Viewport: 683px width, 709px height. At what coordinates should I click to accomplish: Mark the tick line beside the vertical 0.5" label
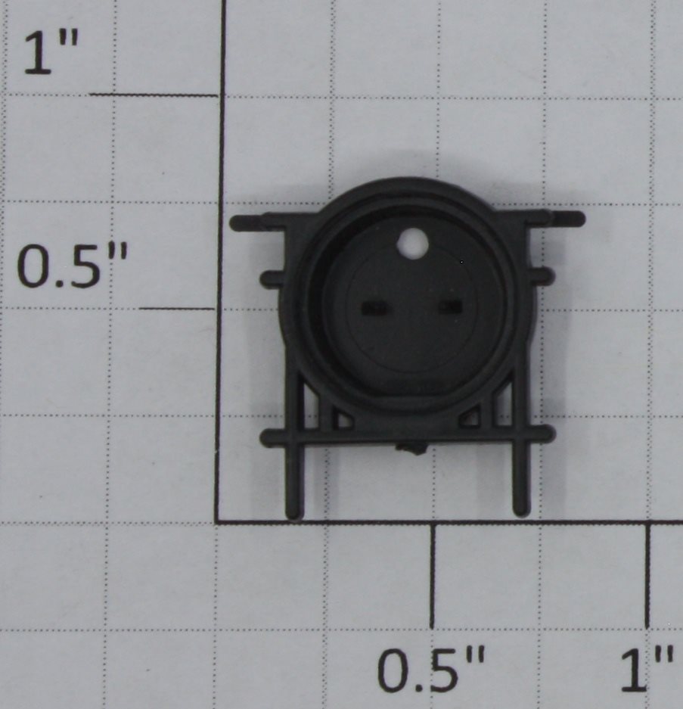click(177, 309)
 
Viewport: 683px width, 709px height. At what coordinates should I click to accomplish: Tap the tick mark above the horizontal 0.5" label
click(432, 575)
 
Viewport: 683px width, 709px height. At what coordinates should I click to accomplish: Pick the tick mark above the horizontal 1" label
click(647, 575)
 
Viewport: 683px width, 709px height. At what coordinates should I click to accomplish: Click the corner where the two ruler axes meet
click(218, 522)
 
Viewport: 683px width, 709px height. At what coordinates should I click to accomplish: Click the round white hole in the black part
click(412, 244)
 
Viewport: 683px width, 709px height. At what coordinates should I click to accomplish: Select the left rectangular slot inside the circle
click(374, 308)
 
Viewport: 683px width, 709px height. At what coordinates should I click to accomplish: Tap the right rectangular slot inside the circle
click(450, 306)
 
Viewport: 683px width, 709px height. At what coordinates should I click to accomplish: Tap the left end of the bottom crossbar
click(266, 438)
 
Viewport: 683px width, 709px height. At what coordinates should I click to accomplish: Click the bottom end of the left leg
click(293, 515)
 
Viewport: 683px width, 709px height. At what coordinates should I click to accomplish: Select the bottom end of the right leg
click(521, 511)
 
